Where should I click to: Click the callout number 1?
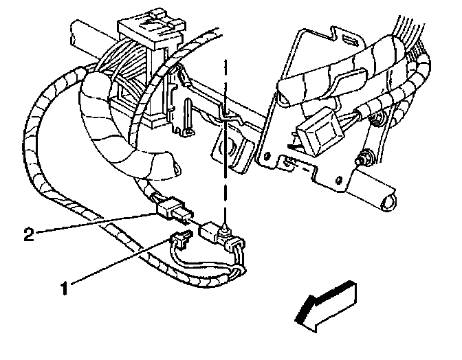(65, 288)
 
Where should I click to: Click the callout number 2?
(29, 234)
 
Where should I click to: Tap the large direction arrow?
(326, 306)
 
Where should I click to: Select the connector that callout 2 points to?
(174, 209)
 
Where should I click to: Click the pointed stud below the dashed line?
(225, 228)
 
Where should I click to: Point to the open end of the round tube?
(388, 203)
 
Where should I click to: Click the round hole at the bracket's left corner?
(267, 155)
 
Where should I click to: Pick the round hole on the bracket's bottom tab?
(338, 179)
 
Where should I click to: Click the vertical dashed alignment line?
(225, 142)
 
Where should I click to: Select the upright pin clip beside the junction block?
(188, 117)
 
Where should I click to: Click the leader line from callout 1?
(121, 261)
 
